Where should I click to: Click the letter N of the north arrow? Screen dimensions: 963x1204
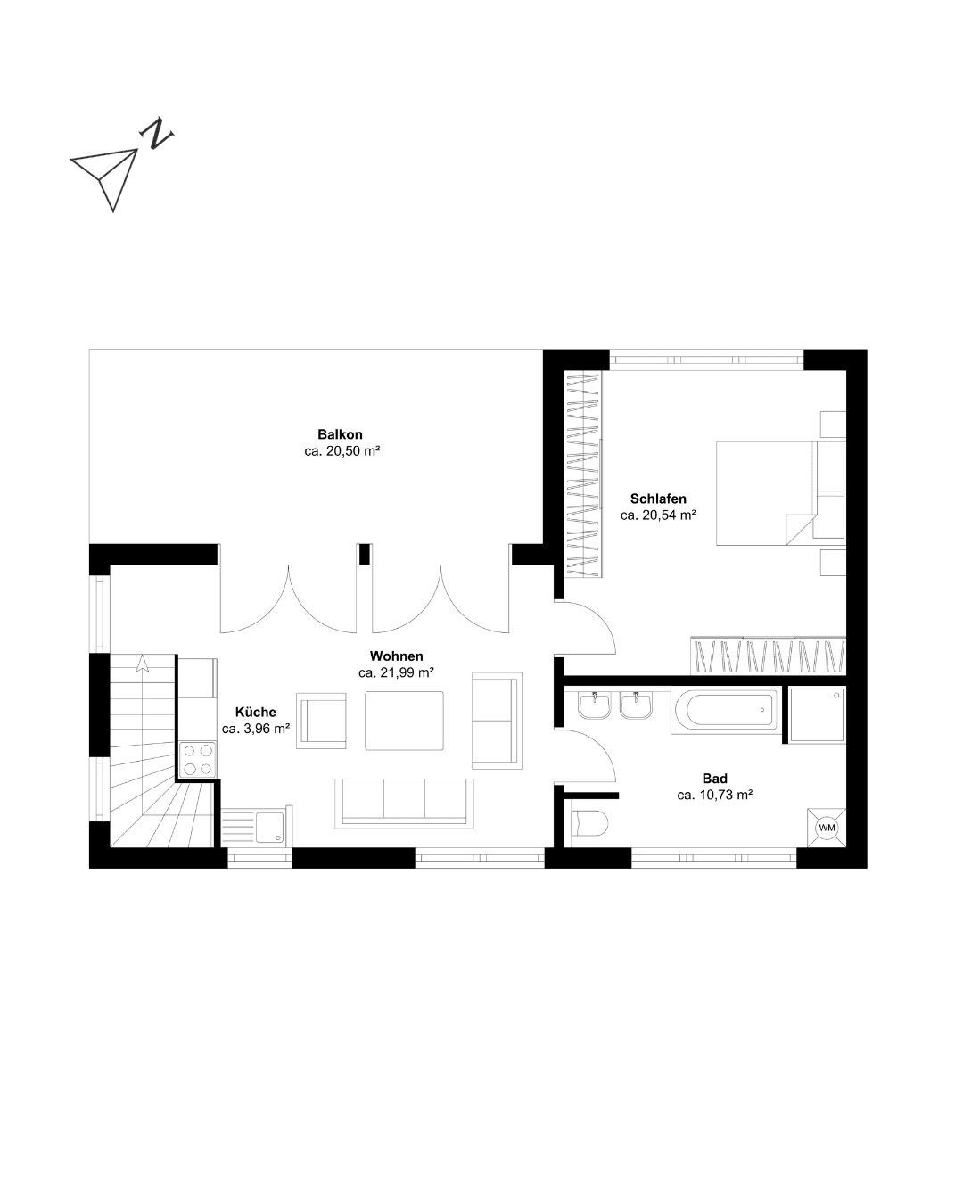[156, 133]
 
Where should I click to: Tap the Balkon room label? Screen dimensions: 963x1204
[340, 434]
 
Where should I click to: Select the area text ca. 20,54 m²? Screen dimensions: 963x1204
[658, 515]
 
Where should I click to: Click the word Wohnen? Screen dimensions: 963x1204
[396, 656]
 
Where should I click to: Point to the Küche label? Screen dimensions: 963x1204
[256, 712]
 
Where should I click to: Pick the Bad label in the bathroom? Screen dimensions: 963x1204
[714, 779]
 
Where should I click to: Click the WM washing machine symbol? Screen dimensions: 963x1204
[827, 828]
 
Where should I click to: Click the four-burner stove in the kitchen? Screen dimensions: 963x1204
[198, 760]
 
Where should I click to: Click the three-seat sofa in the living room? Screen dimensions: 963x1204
[404, 804]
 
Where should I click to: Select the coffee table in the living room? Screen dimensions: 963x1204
[404, 721]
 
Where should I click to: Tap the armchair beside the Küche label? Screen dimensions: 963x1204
[321, 721]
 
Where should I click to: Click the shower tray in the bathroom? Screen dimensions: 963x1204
[817, 714]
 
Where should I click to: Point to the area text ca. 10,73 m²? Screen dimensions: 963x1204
[714, 795]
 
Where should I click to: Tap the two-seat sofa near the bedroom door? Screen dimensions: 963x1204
[497, 721]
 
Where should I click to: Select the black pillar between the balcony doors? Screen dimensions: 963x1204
[365, 554]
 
